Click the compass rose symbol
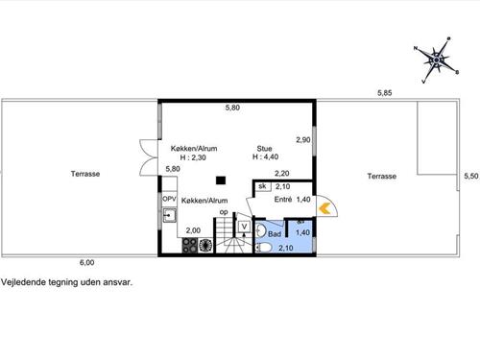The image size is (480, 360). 436,60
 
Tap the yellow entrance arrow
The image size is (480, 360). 324,208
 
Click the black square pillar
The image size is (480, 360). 221,180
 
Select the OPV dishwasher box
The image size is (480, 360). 169,199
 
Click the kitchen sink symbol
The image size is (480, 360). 169,215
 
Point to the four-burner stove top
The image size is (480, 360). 190,246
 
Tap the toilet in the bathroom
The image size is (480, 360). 264,247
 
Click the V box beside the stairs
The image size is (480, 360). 244,227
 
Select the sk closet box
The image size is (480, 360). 262,186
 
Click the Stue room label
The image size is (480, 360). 264,149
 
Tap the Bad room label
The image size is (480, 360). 275,234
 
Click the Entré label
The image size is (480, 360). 283,200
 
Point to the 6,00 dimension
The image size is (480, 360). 86,262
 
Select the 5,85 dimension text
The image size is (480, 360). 384,93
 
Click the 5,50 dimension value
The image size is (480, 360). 471,176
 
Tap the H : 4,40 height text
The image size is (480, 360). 265,156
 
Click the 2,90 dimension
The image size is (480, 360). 303,140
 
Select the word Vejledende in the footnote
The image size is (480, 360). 23,282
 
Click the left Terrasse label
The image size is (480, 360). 85,174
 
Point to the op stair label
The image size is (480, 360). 224,212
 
